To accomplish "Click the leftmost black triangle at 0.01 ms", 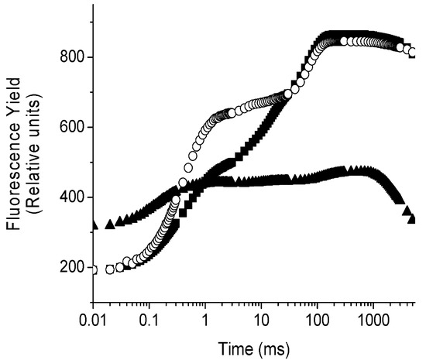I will click(94, 225).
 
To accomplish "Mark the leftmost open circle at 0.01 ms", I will click(94, 269).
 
